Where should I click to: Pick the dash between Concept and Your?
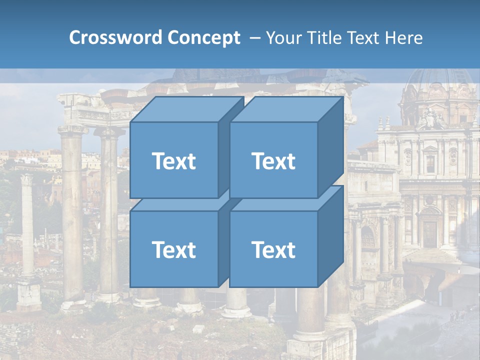[254, 37]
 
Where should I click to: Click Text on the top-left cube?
[173, 161]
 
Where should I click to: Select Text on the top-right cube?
[273, 161]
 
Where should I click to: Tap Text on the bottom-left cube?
[173, 249]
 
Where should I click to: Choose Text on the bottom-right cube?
[273, 249]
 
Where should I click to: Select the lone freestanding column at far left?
[27, 225]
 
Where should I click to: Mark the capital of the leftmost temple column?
[72, 130]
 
